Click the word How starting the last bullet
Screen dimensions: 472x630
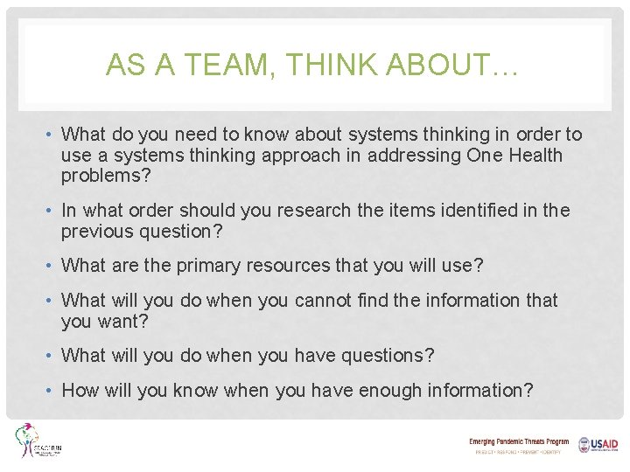[x=80, y=391]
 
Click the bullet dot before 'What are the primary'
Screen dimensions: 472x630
[x=52, y=266]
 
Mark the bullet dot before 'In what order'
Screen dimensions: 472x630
[x=52, y=211]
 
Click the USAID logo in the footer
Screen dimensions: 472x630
[x=598, y=445]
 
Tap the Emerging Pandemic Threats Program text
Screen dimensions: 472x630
[x=518, y=442]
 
